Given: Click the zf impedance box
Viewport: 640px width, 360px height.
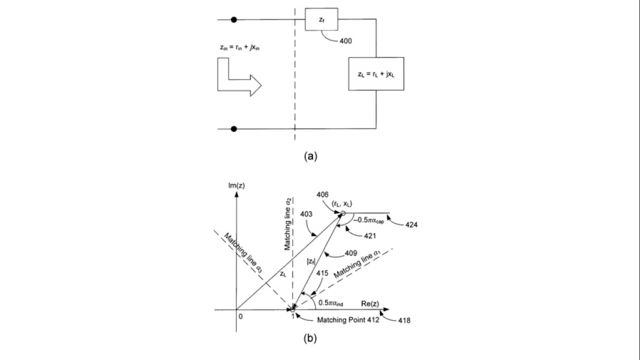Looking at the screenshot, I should click(321, 20).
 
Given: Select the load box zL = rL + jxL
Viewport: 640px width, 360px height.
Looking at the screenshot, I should click(376, 73).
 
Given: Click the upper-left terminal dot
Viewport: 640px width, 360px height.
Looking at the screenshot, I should click(233, 20).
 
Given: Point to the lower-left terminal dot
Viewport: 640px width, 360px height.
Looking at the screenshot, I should click(233, 128).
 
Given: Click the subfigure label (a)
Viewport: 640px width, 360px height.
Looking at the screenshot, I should click(310, 156).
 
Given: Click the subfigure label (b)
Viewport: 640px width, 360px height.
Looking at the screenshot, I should click(310, 338).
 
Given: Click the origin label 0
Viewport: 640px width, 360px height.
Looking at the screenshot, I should click(240, 317).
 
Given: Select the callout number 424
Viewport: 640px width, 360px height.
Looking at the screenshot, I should click(409, 225).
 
